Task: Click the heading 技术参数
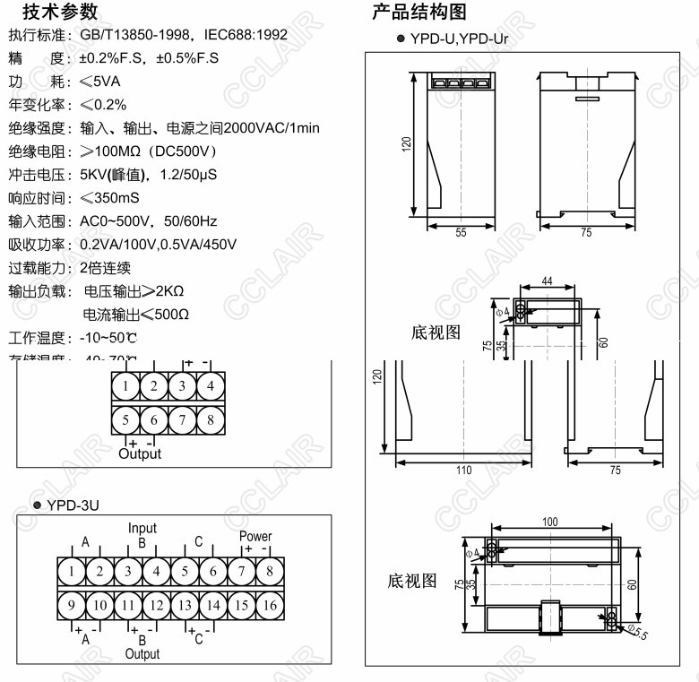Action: click(60, 12)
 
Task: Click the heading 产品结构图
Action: click(419, 12)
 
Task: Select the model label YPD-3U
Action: click(73, 505)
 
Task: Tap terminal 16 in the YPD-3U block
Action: click(269, 606)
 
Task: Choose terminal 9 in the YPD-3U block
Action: click(72, 606)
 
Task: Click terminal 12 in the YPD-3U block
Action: click(156, 606)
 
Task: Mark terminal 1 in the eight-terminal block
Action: click(126, 386)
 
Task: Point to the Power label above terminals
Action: click(255, 537)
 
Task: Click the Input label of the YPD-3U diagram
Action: click(142, 529)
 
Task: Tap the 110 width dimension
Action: click(463, 470)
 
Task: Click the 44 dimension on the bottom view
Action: click(547, 281)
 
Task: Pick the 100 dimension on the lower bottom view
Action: click(549, 521)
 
